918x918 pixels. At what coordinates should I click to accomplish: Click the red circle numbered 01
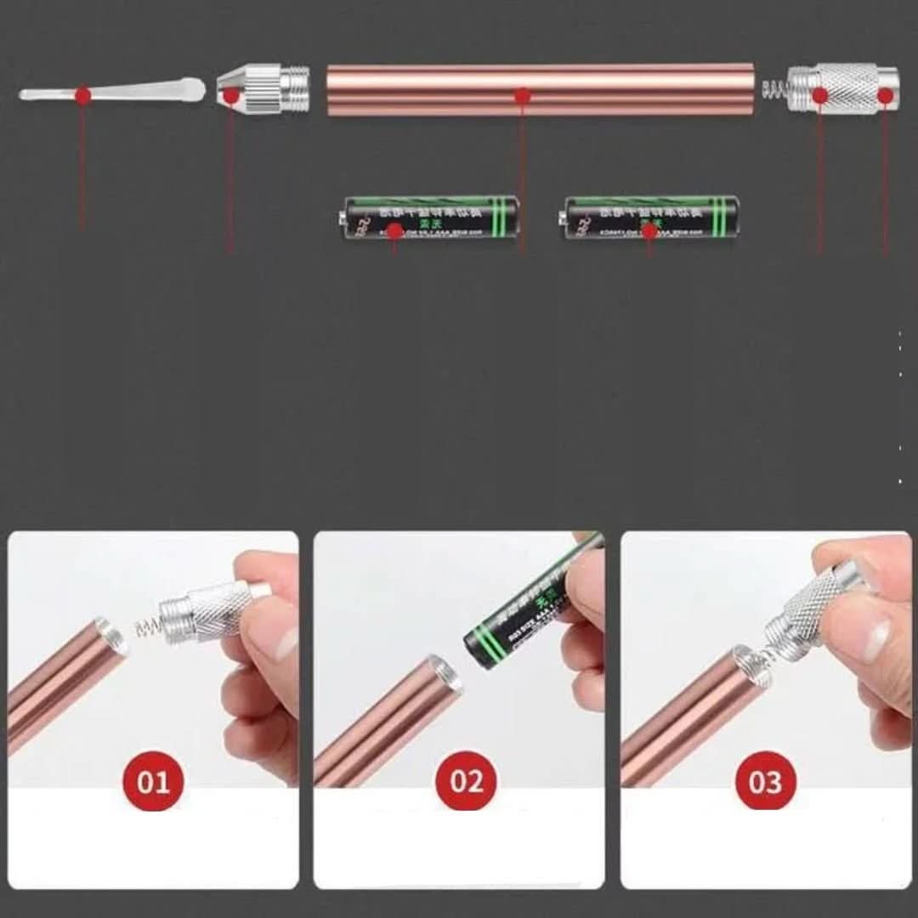pos(154,780)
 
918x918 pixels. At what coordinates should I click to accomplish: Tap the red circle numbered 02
pos(466,780)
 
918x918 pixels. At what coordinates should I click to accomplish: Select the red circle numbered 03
pos(765,780)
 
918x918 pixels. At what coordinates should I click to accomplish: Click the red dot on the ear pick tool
pos(82,95)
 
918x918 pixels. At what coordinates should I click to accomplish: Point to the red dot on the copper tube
pos(523,97)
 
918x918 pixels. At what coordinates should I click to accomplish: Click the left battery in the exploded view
pos(427,218)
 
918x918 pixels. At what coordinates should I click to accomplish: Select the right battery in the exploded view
pos(652,218)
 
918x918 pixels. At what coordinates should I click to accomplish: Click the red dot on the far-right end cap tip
pos(885,96)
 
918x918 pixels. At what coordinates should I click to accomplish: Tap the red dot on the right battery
pos(649,229)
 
